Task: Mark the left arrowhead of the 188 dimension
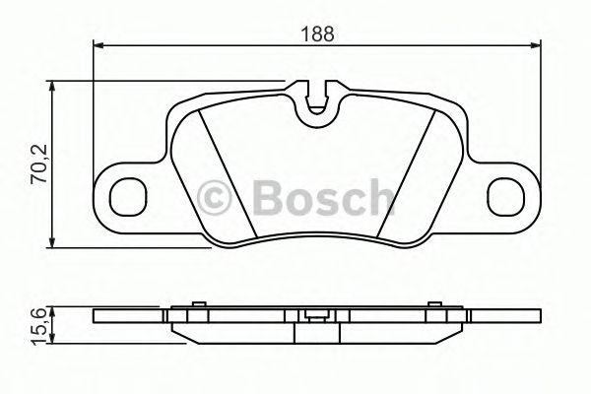pyautogui.click(x=98, y=43)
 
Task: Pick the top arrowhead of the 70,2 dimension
pyautogui.click(x=51, y=88)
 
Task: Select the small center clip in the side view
pyautogui.click(x=316, y=316)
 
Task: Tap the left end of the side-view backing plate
pyautogui.click(x=95, y=317)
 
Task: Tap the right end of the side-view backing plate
pyautogui.click(x=539, y=317)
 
